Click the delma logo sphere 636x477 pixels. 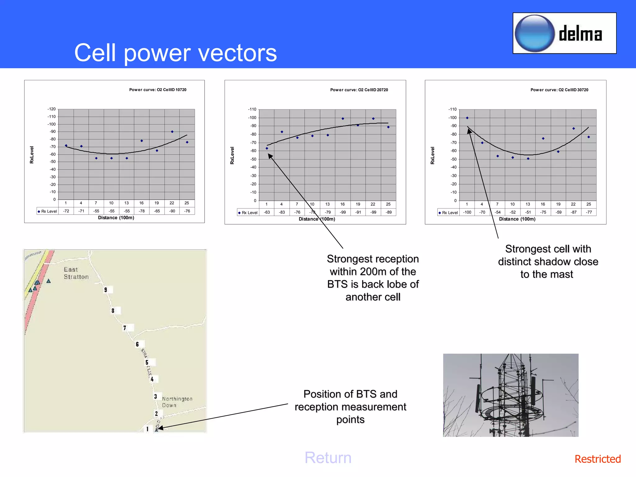click(534, 34)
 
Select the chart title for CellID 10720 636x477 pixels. click(158, 90)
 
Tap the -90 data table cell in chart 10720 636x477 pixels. click(172, 211)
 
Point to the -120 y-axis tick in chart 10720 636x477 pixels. click(52, 109)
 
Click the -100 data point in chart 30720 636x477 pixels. click(467, 118)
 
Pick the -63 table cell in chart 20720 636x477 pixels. click(267, 212)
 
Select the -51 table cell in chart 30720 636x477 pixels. click(528, 212)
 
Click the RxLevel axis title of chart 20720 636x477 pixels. click(232, 155)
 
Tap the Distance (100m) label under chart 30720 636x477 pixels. click(517, 219)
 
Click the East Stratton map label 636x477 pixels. click(76, 273)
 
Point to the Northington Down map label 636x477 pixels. click(177, 402)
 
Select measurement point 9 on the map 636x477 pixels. click(106, 290)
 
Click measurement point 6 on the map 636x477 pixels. click(137, 344)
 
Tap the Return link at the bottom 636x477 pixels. click(328, 458)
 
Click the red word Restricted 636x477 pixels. click(597, 459)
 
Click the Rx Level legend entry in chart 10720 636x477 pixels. click(47, 211)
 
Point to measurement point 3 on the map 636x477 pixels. click(156, 397)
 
